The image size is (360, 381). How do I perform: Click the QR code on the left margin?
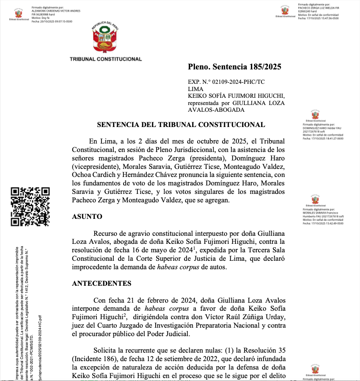coord(30,206)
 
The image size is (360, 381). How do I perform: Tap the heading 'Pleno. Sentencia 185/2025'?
coord(234,67)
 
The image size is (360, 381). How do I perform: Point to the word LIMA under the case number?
coord(195,89)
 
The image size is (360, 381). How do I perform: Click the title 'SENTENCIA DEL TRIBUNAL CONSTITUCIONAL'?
coord(181,124)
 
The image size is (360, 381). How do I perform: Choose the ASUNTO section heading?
coord(87,216)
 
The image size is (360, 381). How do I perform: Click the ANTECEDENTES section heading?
coord(102,283)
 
